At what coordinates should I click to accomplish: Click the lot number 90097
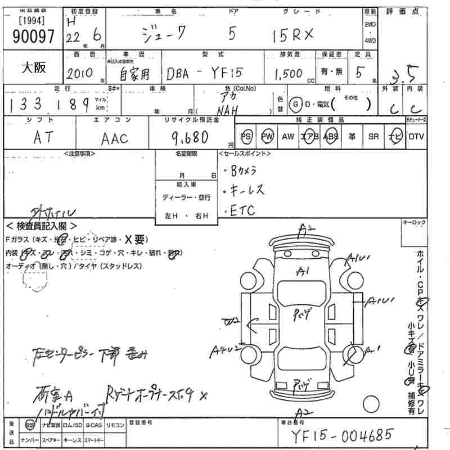[33, 37]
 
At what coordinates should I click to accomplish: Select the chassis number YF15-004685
[341, 435]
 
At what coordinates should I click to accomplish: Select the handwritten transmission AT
[42, 138]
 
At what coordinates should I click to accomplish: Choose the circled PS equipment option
[246, 137]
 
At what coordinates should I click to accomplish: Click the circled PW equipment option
[267, 137]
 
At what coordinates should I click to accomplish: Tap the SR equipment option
[373, 137]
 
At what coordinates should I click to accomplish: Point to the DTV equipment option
[416, 137]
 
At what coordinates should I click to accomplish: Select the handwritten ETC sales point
[242, 210]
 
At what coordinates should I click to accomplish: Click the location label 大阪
[34, 68]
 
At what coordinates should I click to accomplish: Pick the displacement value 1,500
[289, 74]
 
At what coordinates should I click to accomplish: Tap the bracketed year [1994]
[33, 22]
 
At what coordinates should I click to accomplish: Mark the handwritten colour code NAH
[231, 110]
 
